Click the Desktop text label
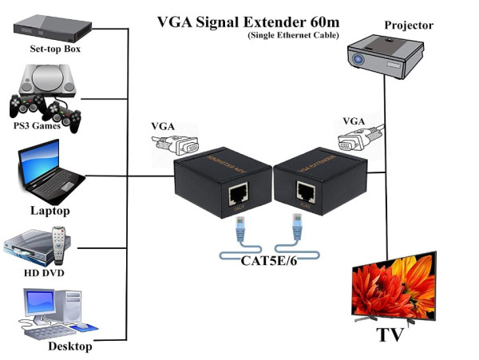pyautogui.click(x=66, y=346)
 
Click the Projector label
pyautogui.click(x=408, y=26)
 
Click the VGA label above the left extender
pyautogui.click(x=163, y=127)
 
